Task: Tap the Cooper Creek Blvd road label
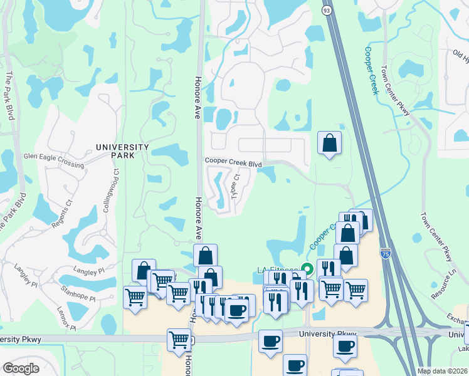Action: pyautogui.click(x=233, y=162)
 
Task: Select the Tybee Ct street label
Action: pyautogui.click(x=235, y=186)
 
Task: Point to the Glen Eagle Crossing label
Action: pyautogui.click(x=53, y=160)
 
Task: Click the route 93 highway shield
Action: pyautogui.click(x=327, y=11)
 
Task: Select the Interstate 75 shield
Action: pyautogui.click(x=386, y=253)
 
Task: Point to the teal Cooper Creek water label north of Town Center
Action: pyautogui.click(x=372, y=70)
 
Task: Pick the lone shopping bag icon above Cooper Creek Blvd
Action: pyautogui.click(x=329, y=144)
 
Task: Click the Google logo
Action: pyautogui.click(x=21, y=368)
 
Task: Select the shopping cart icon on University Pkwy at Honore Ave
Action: pyautogui.click(x=179, y=339)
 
